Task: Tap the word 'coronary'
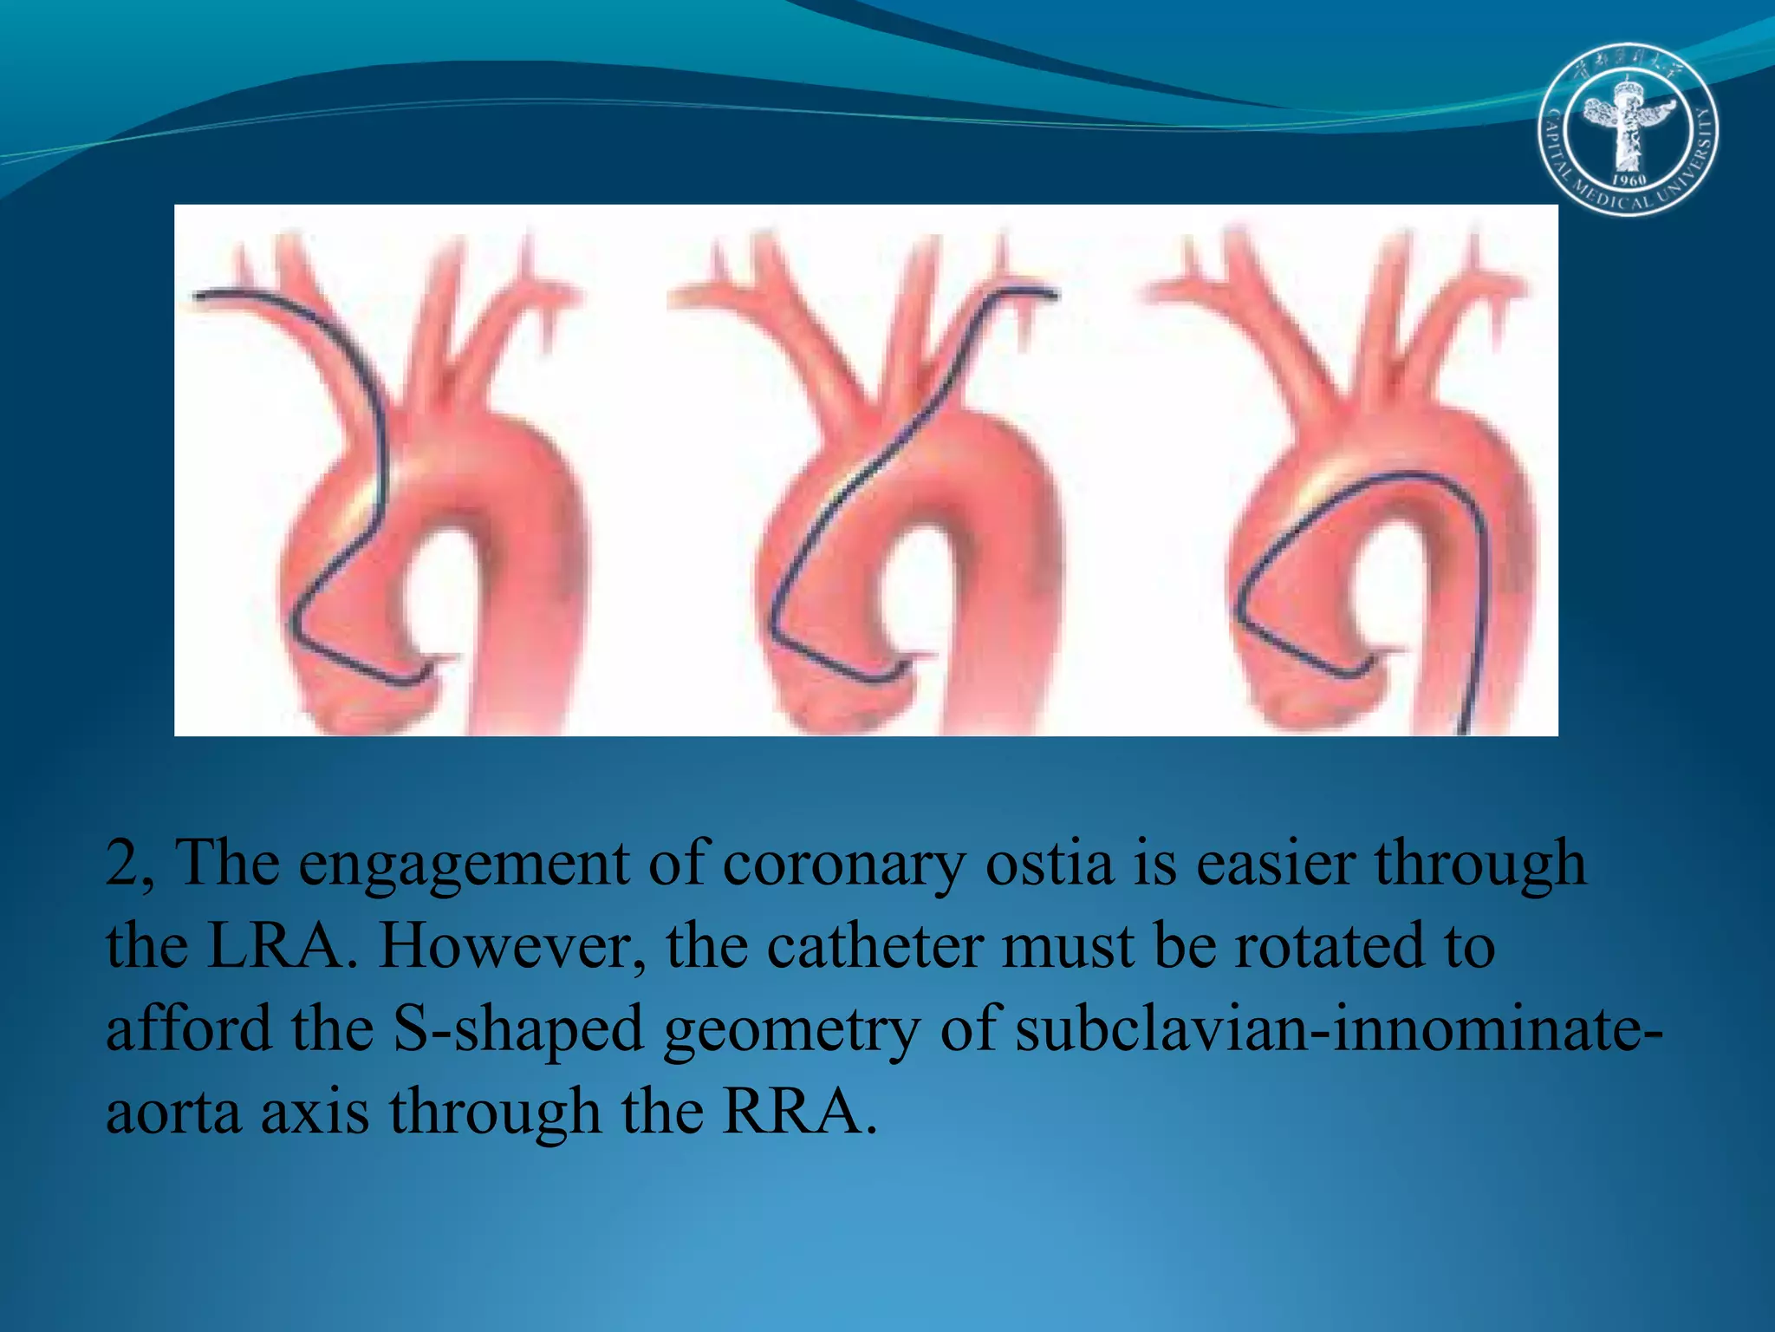click(842, 864)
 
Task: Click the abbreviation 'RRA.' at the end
click(799, 1112)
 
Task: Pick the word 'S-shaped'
click(517, 1029)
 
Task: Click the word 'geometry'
click(791, 1029)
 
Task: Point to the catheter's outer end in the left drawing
click(198, 297)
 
